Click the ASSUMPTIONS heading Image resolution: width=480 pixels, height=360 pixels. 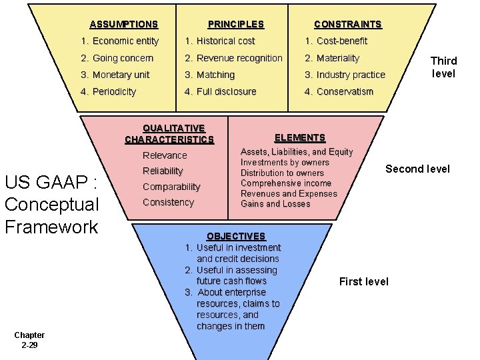point(123,25)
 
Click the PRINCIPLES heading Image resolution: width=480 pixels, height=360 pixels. point(235,25)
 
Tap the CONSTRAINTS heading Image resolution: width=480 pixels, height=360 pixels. point(347,25)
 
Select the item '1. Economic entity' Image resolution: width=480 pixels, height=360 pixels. point(119,41)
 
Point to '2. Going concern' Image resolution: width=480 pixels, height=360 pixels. point(117,59)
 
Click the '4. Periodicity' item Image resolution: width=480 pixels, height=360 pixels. point(108,92)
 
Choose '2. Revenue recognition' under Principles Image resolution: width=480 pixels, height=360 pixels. point(233,59)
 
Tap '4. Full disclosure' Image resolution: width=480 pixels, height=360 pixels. point(220,92)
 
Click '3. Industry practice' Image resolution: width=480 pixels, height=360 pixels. point(345,75)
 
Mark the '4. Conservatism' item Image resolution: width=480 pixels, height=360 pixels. point(339,92)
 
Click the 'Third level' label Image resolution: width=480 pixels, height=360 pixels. point(443,67)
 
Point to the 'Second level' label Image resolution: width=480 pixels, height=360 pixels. point(417,169)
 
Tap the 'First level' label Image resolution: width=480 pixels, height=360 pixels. point(363,282)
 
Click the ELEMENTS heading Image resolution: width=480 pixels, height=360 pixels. point(299,138)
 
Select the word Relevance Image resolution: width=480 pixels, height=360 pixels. point(165,156)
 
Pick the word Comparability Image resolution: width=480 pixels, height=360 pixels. point(171,187)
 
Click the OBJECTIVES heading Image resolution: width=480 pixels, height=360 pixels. point(235,237)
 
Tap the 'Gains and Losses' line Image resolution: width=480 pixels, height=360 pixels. point(275,204)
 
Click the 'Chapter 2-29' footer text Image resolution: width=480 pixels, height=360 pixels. point(29,340)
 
